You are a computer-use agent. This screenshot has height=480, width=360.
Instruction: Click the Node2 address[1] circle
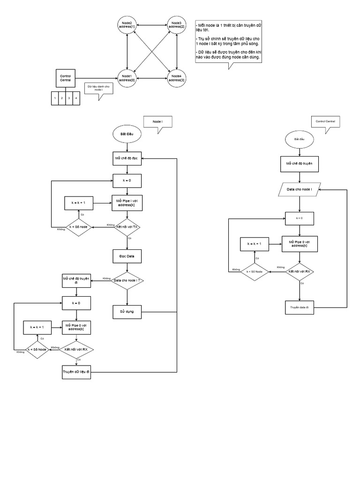127,25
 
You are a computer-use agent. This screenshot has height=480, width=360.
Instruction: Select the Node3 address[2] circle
177,25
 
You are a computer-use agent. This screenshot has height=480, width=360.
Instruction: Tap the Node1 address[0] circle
127,78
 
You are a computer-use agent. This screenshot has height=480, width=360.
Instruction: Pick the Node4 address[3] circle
177,78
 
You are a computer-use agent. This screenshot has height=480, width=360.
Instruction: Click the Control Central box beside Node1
65,78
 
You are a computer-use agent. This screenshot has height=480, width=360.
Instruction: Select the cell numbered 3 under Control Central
68,98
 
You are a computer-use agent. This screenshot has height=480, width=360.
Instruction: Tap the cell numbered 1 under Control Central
55,98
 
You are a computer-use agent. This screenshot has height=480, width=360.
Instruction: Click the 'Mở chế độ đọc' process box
127,158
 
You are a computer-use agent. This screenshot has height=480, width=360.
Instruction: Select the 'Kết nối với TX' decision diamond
127,227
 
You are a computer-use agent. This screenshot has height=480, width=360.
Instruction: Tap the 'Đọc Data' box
127,256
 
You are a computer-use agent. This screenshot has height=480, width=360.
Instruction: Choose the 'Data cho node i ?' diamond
127,281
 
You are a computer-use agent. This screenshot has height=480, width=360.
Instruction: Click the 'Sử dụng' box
127,311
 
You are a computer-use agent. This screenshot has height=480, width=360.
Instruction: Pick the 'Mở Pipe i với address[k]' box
127,202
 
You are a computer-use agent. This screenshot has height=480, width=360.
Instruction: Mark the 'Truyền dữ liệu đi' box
76,372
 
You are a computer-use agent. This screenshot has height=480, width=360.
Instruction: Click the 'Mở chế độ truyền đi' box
76,281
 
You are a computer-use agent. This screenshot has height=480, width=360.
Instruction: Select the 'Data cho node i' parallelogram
299,189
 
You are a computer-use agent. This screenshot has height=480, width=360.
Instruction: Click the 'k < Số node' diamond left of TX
78,227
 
